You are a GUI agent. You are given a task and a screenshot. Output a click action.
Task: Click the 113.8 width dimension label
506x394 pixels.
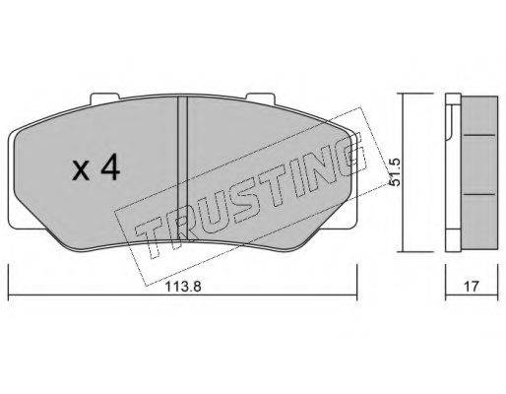pyautogui.click(x=182, y=287)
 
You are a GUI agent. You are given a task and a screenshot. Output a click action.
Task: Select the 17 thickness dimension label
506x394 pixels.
pyautogui.click(x=472, y=287)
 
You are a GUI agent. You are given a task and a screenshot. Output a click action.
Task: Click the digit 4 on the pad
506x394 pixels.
pyautogui.click(x=110, y=167)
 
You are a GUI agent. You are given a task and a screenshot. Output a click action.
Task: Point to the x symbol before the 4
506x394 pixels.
pyautogui.click(x=82, y=171)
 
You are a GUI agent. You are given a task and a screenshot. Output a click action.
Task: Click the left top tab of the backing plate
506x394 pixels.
pyautogui.click(x=105, y=98)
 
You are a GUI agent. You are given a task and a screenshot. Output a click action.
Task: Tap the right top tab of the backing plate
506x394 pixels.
pyautogui.click(x=260, y=98)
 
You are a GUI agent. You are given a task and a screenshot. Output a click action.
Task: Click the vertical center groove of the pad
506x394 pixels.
pyautogui.click(x=182, y=167)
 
